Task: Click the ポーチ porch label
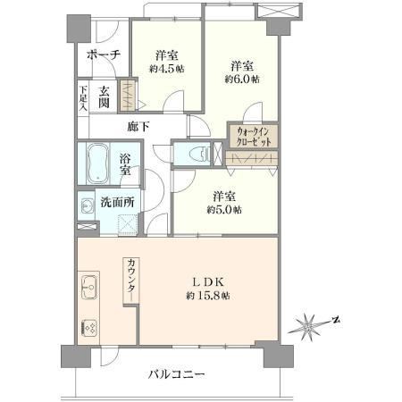pos(104,55)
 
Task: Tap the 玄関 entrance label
pos(104,96)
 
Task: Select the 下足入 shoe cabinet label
pos(83,98)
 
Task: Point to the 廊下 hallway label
pos(138,127)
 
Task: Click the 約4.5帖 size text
pos(167,69)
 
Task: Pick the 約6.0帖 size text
pos(242,79)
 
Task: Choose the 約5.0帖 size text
pos(224,210)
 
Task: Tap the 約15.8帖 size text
pos(208,296)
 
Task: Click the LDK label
pos(208,281)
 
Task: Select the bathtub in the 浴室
pos(97,163)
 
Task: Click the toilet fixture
pos(202,154)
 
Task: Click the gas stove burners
pos(89,328)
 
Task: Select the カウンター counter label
pos(131,280)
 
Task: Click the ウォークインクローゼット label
pos(254,136)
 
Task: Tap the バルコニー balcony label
pos(177,374)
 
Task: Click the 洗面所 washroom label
pos(117,202)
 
